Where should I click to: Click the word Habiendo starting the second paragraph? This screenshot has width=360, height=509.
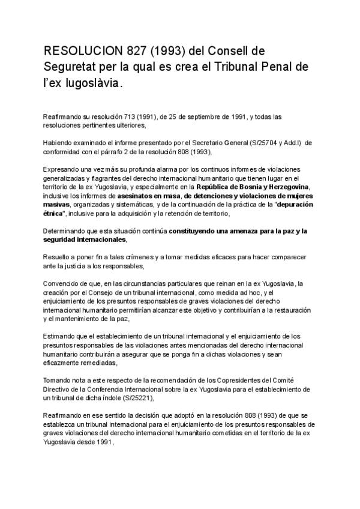59,143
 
